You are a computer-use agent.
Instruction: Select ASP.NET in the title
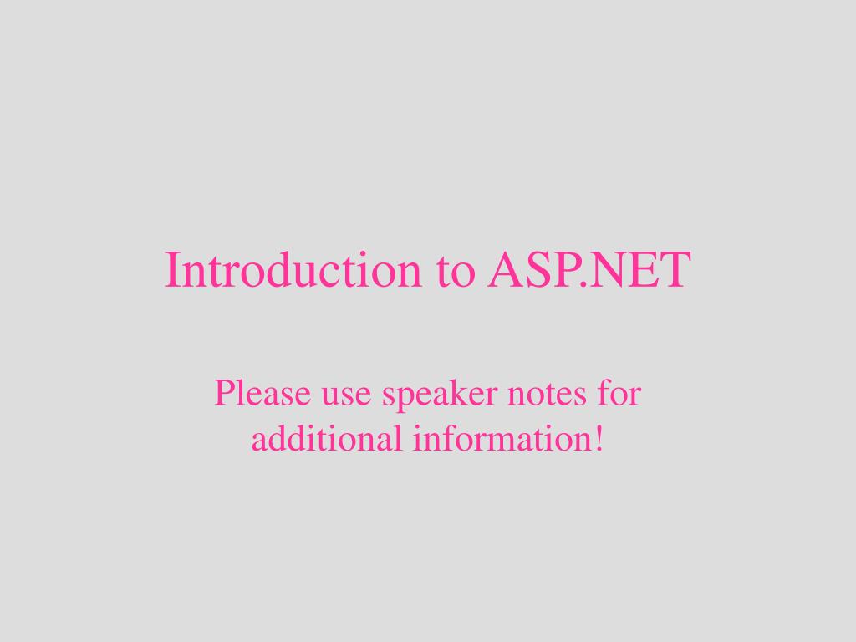[x=589, y=270]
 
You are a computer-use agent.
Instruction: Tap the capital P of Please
[x=222, y=393]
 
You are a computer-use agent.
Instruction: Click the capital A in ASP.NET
[x=505, y=270]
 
